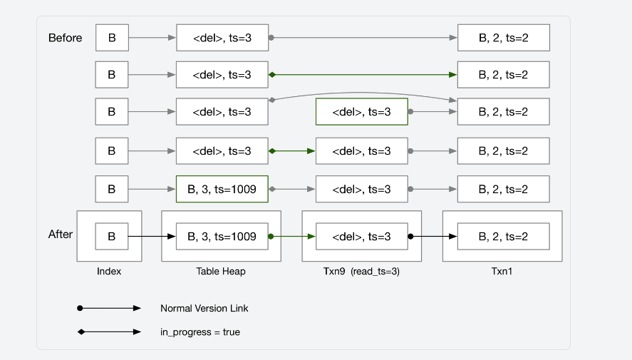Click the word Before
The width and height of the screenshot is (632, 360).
click(65, 38)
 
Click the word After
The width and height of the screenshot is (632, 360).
click(61, 234)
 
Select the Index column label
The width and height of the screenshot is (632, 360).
click(109, 271)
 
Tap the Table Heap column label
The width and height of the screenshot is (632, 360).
click(222, 271)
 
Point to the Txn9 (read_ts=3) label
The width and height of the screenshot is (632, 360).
click(361, 271)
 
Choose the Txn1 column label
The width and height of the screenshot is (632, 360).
click(502, 271)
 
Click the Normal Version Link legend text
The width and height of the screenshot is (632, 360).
click(204, 309)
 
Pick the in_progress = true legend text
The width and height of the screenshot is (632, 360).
click(200, 332)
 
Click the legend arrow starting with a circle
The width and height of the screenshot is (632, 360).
click(110, 309)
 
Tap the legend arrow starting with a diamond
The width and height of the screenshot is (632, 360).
click(110, 331)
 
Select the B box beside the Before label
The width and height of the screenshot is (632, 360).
click(112, 38)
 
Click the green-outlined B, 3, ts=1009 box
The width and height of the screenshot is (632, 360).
click(222, 189)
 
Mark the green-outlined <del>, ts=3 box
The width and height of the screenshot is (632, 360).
click(361, 112)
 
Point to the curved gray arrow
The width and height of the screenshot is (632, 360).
click(363, 93)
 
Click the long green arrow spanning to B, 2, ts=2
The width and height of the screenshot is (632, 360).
click(363, 74)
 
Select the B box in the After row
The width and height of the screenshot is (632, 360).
click(112, 236)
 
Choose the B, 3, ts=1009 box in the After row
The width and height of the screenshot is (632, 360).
click(222, 236)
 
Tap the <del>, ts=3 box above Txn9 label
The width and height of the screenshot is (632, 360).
click(361, 236)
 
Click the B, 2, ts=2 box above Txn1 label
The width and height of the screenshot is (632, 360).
click(503, 236)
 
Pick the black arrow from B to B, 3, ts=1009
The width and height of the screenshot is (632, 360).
click(152, 236)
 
